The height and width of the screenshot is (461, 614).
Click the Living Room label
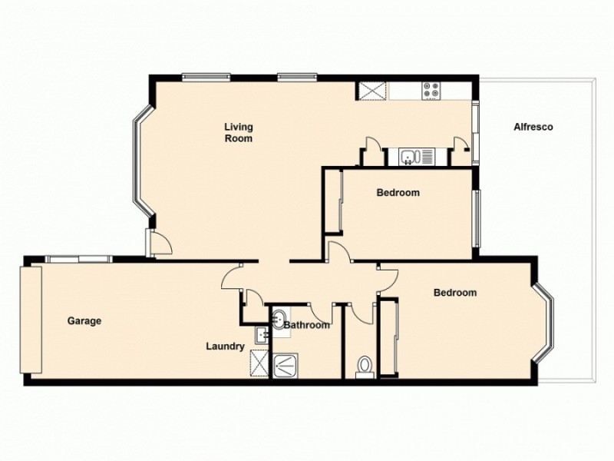[x=238, y=132]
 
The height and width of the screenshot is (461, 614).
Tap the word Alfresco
[x=533, y=127]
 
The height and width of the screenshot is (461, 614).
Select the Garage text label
[x=84, y=321]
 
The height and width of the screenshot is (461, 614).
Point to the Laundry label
[x=225, y=347]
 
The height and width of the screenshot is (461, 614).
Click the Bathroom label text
[x=307, y=326]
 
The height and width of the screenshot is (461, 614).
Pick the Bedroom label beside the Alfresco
[x=398, y=193]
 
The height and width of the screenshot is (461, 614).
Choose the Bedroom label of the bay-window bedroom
[x=454, y=293]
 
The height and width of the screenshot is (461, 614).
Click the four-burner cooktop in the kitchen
[x=431, y=91]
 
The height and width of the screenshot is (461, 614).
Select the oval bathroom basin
[x=279, y=317]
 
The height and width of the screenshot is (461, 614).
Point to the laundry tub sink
[x=261, y=334]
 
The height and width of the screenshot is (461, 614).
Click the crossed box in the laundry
[x=259, y=363]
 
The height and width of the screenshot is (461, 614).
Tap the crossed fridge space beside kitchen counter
[x=371, y=90]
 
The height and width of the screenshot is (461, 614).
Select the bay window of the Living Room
[x=142, y=162]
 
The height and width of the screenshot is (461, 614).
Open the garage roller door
[x=31, y=320]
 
